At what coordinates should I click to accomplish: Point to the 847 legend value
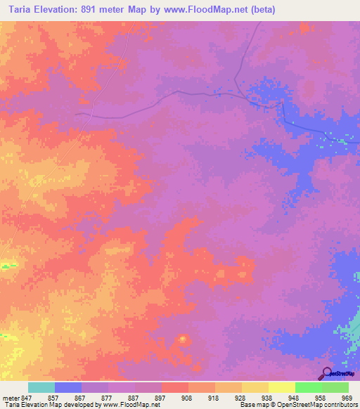pyautogui.click(x=27, y=397)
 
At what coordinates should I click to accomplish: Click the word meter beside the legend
pyautogui.click(x=11, y=397)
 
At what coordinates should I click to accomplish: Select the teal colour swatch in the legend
pyautogui.click(x=41, y=387)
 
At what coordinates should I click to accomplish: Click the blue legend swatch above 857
pyautogui.click(x=68, y=387)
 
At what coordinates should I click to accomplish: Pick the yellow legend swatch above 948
pyautogui.click(x=282, y=387)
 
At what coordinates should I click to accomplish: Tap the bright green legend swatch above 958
pyautogui.click(x=309, y=387)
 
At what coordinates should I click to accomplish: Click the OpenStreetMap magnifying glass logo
pyautogui.click(x=326, y=372)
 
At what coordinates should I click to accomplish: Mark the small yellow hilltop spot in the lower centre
pyautogui.click(x=183, y=340)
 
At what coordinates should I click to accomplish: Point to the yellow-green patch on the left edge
pyautogui.click(x=8, y=265)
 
